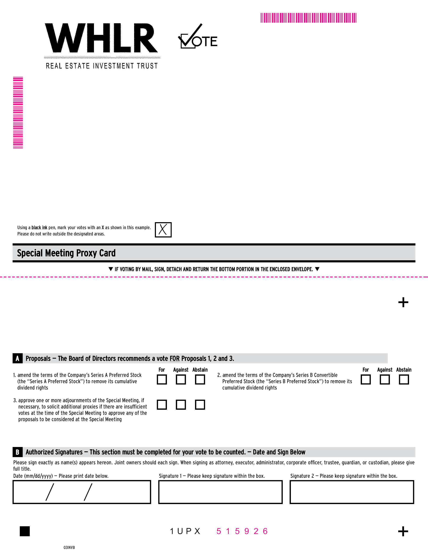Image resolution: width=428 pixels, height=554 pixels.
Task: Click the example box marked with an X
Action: (x=163, y=230)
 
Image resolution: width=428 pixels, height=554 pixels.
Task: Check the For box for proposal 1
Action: (x=162, y=380)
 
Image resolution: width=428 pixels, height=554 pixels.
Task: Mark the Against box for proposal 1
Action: (x=181, y=380)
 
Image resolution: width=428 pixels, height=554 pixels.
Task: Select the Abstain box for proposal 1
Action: (x=200, y=380)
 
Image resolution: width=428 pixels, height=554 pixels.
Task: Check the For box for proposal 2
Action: (x=366, y=380)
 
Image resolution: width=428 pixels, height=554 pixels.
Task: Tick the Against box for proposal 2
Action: (x=385, y=380)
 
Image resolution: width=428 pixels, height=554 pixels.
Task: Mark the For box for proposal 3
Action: (x=162, y=405)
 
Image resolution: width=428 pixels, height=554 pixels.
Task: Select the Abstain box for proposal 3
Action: (x=200, y=405)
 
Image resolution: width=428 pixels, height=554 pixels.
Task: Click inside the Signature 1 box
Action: (x=220, y=492)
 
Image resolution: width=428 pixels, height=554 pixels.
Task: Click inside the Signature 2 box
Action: (x=352, y=492)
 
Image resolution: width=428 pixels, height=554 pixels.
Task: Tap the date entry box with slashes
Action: (x=82, y=492)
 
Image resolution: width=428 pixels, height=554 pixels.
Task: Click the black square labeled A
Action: (x=18, y=358)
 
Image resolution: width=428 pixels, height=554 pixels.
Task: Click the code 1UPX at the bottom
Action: (x=185, y=531)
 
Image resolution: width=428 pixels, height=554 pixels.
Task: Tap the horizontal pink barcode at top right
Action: (x=308, y=18)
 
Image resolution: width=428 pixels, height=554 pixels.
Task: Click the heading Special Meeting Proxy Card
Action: (x=66, y=253)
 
